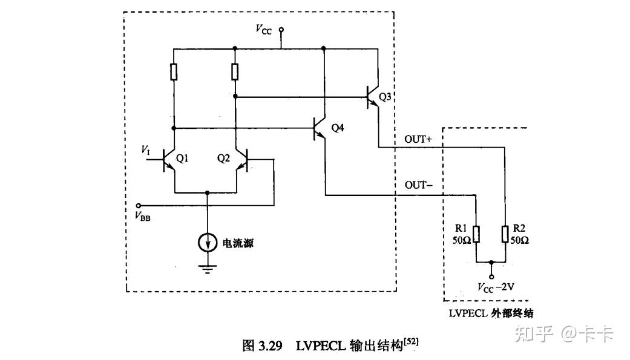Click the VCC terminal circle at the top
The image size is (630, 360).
click(x=281, y=29)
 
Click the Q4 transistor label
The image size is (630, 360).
click(x=337, y=128)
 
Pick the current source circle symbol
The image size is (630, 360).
click(x=208, y=243)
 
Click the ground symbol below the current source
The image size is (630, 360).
click(x=208, y=268)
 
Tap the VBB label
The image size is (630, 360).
click(x=143, y=217)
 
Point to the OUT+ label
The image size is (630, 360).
click(x=418, y=139)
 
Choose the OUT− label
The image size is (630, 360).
click(x=418, y=185)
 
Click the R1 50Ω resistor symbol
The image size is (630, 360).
click(x=477, y=234)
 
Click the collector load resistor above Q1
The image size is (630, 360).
click(x=174, y=73)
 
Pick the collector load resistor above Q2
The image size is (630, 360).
click(x=235, y=73)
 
